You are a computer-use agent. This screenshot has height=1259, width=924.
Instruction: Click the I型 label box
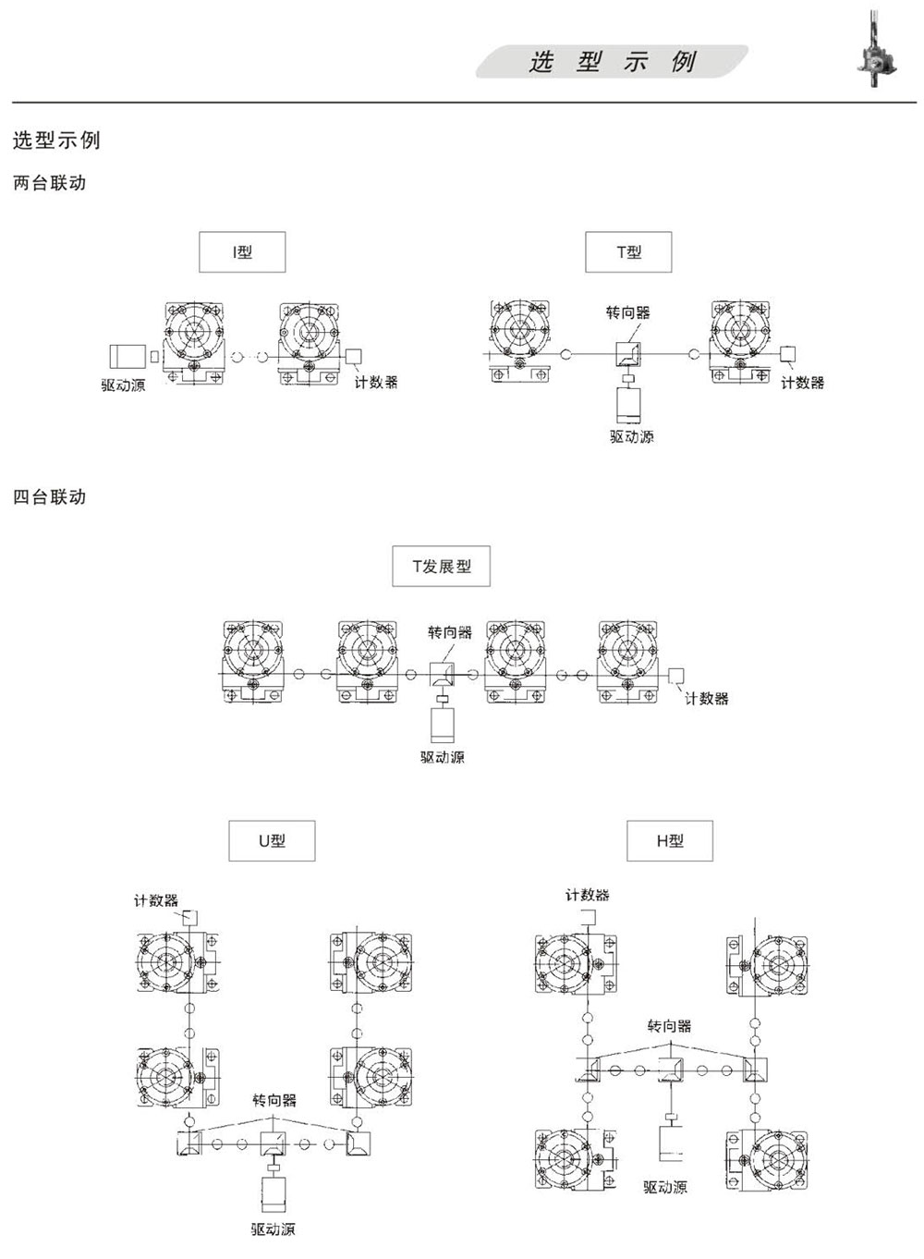pyautogui.click(x=242, y=251)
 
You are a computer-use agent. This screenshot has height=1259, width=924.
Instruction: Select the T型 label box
pyautogui.click(x=628, y=251)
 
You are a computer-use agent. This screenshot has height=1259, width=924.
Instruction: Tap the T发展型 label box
pyautogui.click(x=441, y=566)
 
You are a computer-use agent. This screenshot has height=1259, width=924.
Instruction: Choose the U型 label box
pyautogui.click(x=272, y=841)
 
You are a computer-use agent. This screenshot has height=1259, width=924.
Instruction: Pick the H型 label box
pyautogui.click(x=670, y=841)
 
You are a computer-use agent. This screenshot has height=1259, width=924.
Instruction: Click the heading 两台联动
pyautogui.click(x=49, y=183)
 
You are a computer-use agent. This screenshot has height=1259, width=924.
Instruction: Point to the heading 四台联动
pyautogui.click(x=49, y=497)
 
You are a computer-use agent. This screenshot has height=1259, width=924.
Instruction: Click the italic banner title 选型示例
pyautogui.click(x=613, y=61)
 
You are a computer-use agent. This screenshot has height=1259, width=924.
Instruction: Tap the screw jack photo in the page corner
pyautogui.click(x=877, y=50)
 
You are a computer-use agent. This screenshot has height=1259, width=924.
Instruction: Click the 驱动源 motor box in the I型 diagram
pyautogui.click(x=128, y=356)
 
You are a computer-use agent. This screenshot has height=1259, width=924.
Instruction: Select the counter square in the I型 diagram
pyautogui.click(x=353, y=356)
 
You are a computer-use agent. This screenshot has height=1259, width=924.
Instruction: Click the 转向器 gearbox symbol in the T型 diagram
pyautogui.click(x=628, y=354)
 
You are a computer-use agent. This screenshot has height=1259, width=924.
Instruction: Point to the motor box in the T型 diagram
pyautogui.click(x=628, y=405)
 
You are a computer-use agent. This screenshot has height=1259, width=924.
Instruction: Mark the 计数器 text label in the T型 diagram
pyautogui.click(x=803, y=383)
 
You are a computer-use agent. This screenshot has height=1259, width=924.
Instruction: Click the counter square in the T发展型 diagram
pyautogui.click(x=676, y=675)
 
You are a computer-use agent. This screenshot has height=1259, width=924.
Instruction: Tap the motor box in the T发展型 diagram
pyautogui.click(x=443, y=725)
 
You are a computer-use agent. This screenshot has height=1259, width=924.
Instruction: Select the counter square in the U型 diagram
pyautogui.click(x=190, y=918)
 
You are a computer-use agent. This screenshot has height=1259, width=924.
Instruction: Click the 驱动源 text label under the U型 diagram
pyautogui.click(x=273, y=1229)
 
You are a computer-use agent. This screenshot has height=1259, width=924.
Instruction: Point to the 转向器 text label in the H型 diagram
pyautogui.click(x=669, y=1026)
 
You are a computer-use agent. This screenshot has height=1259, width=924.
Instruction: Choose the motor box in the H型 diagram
pyautogui.click(x=670, y=1143)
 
